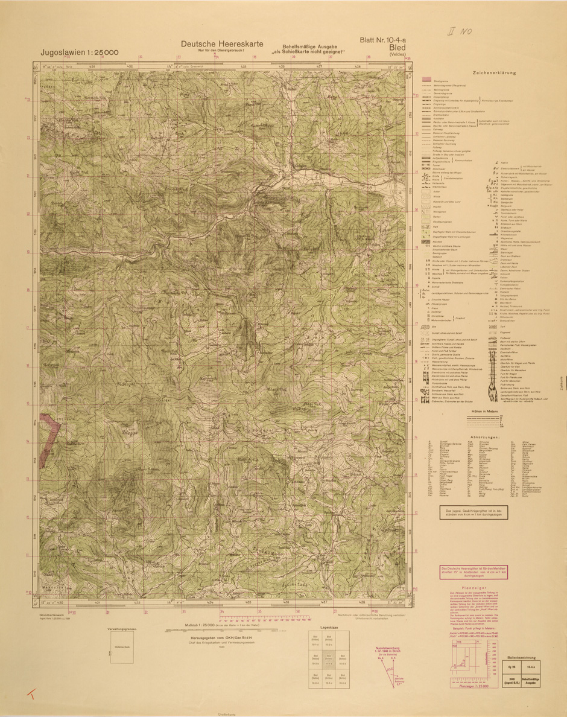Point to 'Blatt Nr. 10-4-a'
[382, 40]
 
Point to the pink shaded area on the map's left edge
[49, 434]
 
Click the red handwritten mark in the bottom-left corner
[30, 695]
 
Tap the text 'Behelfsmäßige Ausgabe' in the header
[309, 47]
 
